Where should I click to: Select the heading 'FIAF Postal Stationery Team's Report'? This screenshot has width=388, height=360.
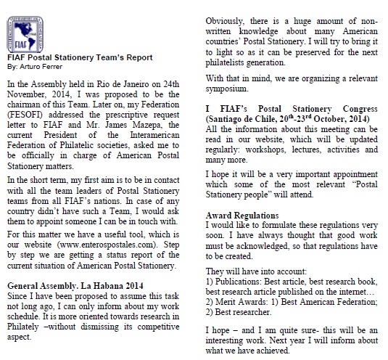point(75,57)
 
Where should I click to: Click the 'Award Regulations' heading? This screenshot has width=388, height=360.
point(242,216)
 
